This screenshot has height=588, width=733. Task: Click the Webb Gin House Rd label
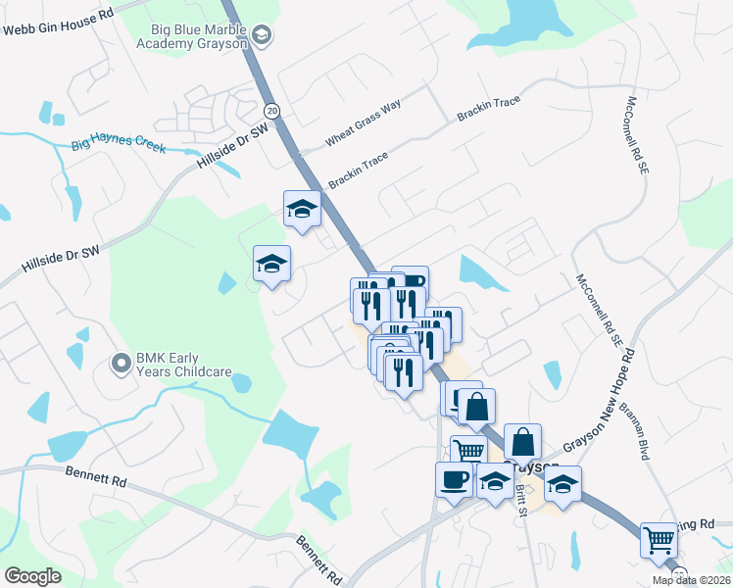(59, 23)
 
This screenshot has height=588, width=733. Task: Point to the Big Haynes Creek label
(119, 148)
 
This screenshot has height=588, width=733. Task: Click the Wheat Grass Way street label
(364, 122)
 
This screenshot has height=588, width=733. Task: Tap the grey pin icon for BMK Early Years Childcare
(122, 365)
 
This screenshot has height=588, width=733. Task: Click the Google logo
(32, 575)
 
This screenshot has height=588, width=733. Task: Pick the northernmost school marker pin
(303, 209)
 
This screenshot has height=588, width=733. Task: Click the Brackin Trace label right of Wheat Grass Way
(487, 109)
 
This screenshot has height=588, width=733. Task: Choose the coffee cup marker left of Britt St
(454, 480)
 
